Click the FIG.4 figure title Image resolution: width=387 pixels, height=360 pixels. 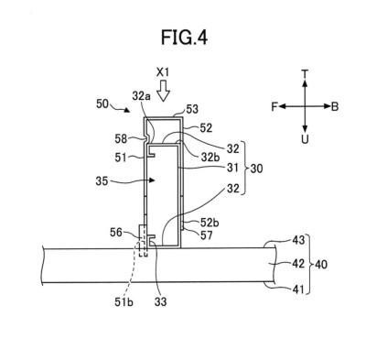(x=184, y=38)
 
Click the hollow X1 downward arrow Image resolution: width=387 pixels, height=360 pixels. (x=164, y=91)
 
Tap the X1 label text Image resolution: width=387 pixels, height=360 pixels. (x=163, y=72)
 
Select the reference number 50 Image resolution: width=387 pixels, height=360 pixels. (x=102, y=104)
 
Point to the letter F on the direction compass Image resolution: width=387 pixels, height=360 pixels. (x=274, y=107)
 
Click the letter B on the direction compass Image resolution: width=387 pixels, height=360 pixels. (x=335, y=107)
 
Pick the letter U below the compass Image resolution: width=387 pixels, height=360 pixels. (x=305, y=139)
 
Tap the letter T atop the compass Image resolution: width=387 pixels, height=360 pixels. (x=305, y=74)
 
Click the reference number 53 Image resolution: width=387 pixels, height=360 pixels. (x=192, y=109)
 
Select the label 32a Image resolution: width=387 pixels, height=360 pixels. (x=142, y=96)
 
